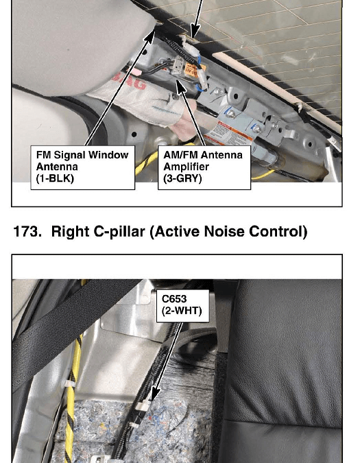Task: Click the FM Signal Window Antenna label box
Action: point(83,167)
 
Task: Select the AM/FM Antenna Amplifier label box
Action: point(204,167)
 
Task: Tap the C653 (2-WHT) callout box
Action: point(182,306)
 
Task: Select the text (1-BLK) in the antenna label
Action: point(55,178)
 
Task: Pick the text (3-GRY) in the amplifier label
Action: point(182,178)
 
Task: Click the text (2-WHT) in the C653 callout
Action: point(182,311)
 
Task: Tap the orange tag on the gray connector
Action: point(192,71)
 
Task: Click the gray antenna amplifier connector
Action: point(176,67)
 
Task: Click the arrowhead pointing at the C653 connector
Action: point(155,394)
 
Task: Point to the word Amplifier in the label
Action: point(187,167)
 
